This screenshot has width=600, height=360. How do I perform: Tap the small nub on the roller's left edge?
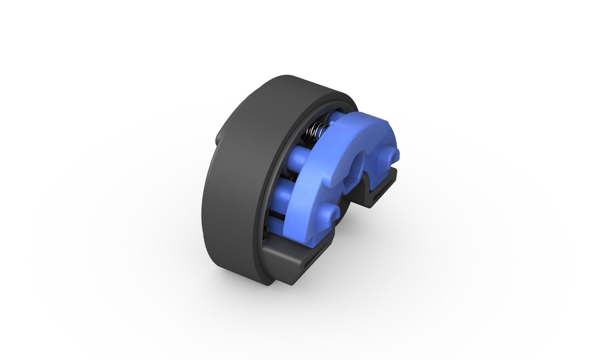click(219, 138)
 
